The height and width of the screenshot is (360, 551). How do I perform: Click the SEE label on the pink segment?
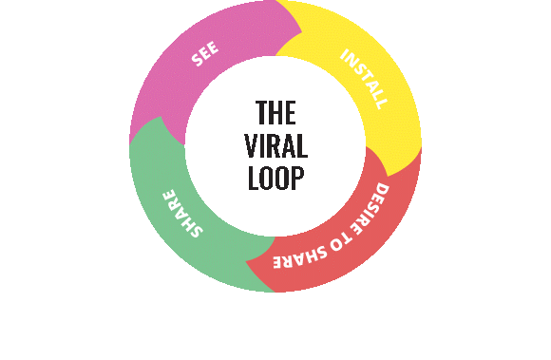[204, 54]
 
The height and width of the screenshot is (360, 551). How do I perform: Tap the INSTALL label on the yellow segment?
[364, 78]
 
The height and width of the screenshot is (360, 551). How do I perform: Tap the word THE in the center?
[275, 113]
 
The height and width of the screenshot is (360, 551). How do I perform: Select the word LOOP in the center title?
[275, 179]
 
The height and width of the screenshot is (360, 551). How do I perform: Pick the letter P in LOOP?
[298, 179]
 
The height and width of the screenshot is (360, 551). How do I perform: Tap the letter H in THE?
[275, 113]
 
